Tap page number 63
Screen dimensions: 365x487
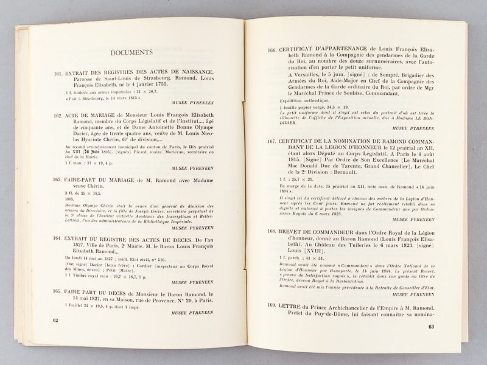tap(430, 327)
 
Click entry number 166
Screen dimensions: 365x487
tap(272, 50)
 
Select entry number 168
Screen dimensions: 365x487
tap(272, 248)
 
